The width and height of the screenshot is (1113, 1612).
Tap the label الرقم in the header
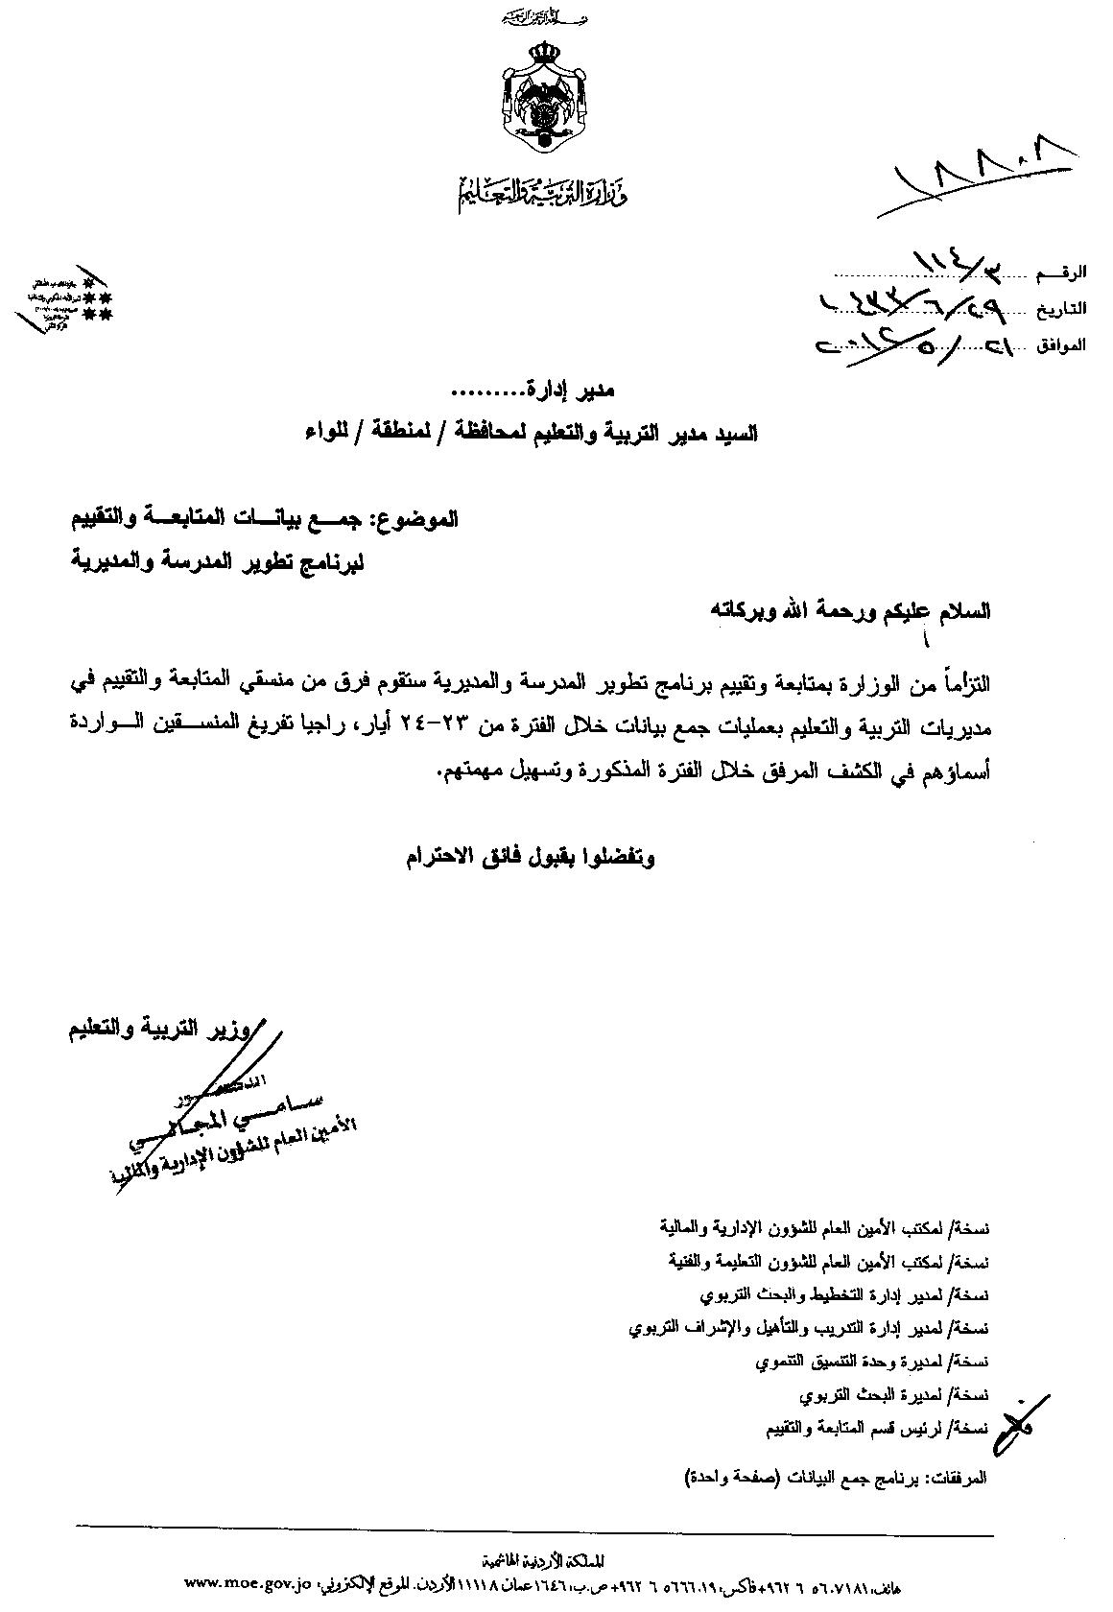(x=1061, y=273)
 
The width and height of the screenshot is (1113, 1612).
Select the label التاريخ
(x=1059, y=309)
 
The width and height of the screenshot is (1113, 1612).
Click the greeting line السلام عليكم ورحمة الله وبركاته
(x=848, y=610)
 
